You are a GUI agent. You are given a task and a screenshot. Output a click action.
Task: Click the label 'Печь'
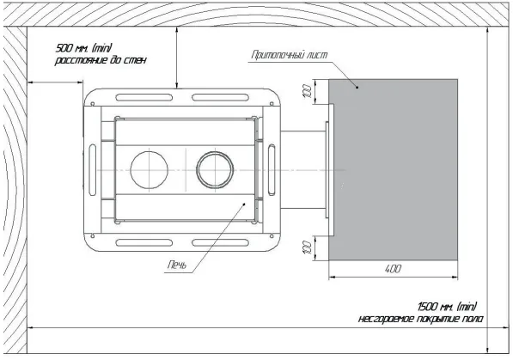pos(177,265)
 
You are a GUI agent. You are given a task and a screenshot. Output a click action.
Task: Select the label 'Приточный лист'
pos(290,55)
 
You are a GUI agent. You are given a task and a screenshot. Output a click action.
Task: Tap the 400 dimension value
pos(393,269)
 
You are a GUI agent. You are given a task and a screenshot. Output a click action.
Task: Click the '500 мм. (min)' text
pos(84,48)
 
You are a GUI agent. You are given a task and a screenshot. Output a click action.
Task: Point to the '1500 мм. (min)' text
pos(447,307)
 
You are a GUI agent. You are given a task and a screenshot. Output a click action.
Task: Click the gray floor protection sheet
pos(393,170)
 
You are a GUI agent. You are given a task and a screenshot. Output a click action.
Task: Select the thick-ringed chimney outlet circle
pos(215,170)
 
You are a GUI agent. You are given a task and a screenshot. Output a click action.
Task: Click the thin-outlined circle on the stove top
pos(150,170)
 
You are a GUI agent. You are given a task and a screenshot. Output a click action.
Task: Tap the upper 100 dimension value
pos(308,92)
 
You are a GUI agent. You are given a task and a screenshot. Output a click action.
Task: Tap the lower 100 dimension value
pos(308,247)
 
